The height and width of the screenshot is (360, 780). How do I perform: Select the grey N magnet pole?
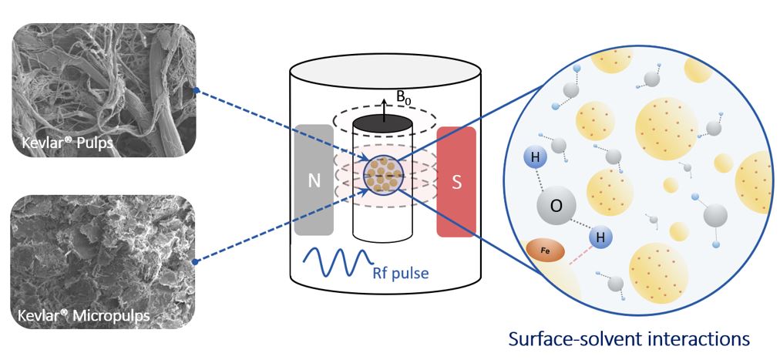(x=314, y=180)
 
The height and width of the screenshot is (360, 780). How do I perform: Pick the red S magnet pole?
(x=456, y=181)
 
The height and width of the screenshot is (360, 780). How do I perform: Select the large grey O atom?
(x=554, y=207)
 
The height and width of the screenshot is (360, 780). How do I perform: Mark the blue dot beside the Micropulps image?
(x=197, y=262)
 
